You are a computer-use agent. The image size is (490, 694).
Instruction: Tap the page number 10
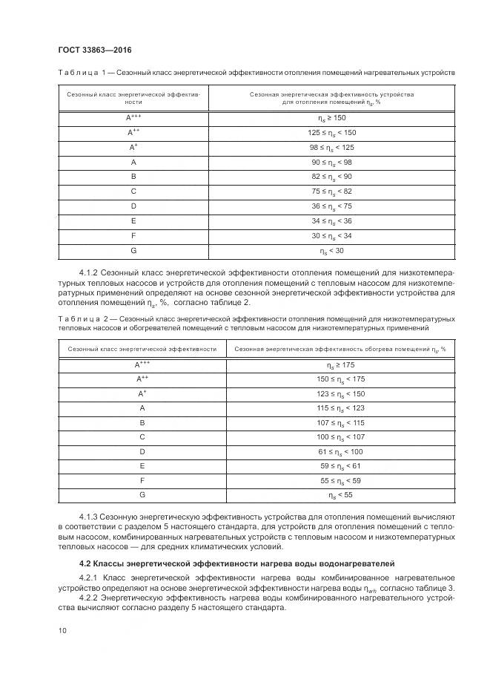(x=62, y=631)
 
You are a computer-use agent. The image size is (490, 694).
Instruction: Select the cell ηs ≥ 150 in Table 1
(x=331, y=118)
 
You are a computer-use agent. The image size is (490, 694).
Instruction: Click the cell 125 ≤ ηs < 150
(x=331, y=133)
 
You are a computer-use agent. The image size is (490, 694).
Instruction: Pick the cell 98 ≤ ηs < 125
(x=331, y=147)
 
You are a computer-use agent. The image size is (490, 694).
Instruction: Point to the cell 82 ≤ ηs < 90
(x=331, y=176)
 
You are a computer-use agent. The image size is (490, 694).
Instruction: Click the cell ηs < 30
(x=331, y=250)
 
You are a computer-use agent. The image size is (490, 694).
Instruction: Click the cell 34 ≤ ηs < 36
(x=331, y=220)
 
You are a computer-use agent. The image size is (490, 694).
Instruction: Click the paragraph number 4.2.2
(x=90, y=597)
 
